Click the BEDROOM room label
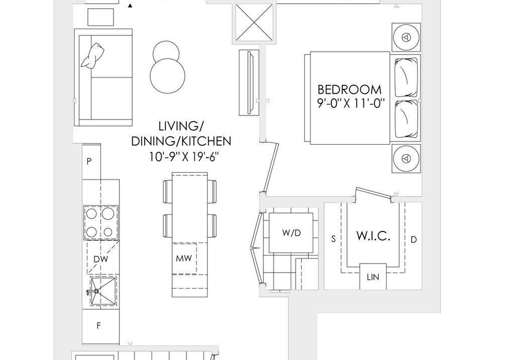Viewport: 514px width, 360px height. click(x=350, y=89)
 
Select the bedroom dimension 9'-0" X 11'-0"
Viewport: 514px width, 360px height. click(x=350, y=103)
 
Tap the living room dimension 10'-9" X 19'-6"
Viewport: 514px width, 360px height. click(x=184, y=157)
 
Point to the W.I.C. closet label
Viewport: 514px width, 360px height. click(x=373, y=236)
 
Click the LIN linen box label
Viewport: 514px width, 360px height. click(x=373, y=277)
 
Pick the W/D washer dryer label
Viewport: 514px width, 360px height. click(x=291, y=233)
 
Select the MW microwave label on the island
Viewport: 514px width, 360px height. click(x=184, y=258)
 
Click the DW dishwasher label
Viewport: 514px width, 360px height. click(x=101, y=259)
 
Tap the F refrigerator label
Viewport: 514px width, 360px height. click(x=99, y=326)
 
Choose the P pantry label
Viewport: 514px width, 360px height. click(x=89, y=161)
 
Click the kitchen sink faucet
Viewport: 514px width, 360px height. click(x=93, y=291)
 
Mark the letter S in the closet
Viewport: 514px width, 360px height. click(x=334, y=239)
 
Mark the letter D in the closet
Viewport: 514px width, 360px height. click(x=414, y=239)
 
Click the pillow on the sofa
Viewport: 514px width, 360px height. click(x=93, y=56)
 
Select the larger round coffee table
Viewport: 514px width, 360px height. click(x=167, y=76)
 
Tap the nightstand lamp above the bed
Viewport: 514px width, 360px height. click(x=406, y=37)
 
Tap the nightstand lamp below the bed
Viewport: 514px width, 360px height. click(x=406, y=159)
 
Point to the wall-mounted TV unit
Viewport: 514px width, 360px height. click(x=249, y=82)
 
